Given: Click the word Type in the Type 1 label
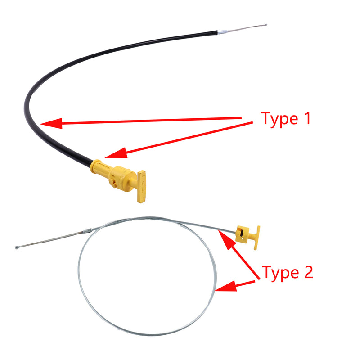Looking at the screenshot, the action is pyautogui.click(x=279, y=119).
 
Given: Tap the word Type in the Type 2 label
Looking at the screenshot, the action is pyautogui.click(x=280, y=273).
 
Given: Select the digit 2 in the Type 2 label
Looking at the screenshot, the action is pyautogui.click(x=309, y=272).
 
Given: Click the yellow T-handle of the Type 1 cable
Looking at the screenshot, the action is pyautogui.click(x=142, y=186).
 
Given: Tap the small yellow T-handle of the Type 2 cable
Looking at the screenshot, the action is pyautogui.click(x=257, y=238).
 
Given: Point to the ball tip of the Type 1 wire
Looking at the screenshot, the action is pyautogui.click(x=266, y=25).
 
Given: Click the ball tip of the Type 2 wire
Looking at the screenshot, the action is pyautogui.click(x=17, y=247).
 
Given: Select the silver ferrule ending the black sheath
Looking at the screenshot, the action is pyautogui.click(x=222, y=32).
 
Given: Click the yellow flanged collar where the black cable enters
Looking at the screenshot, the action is pyautogui.click(x=95, y=166).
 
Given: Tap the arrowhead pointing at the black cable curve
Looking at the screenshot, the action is pyautogui.click(x=51, y=123).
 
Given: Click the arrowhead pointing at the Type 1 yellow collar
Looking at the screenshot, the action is pyautogui.click(x=117, y=153).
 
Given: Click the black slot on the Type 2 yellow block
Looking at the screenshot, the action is pyautogui.click(x=241, y=233).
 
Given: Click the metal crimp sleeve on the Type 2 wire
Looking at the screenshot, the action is pyautogui.click(x=87, y=230).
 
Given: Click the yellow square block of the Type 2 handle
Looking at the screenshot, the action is pyautogui.click(x=243, y=234).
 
